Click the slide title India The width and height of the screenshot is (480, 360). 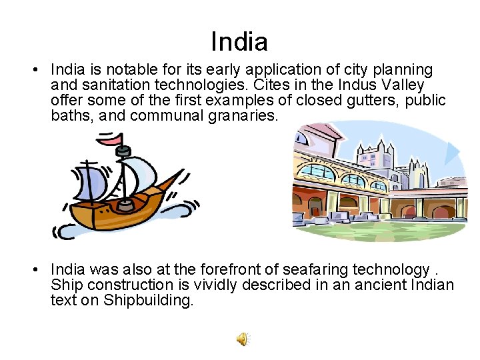coord(239,42)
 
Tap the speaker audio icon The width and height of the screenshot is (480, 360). coord(243,339)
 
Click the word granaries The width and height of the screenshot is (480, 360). coord(238,115)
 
